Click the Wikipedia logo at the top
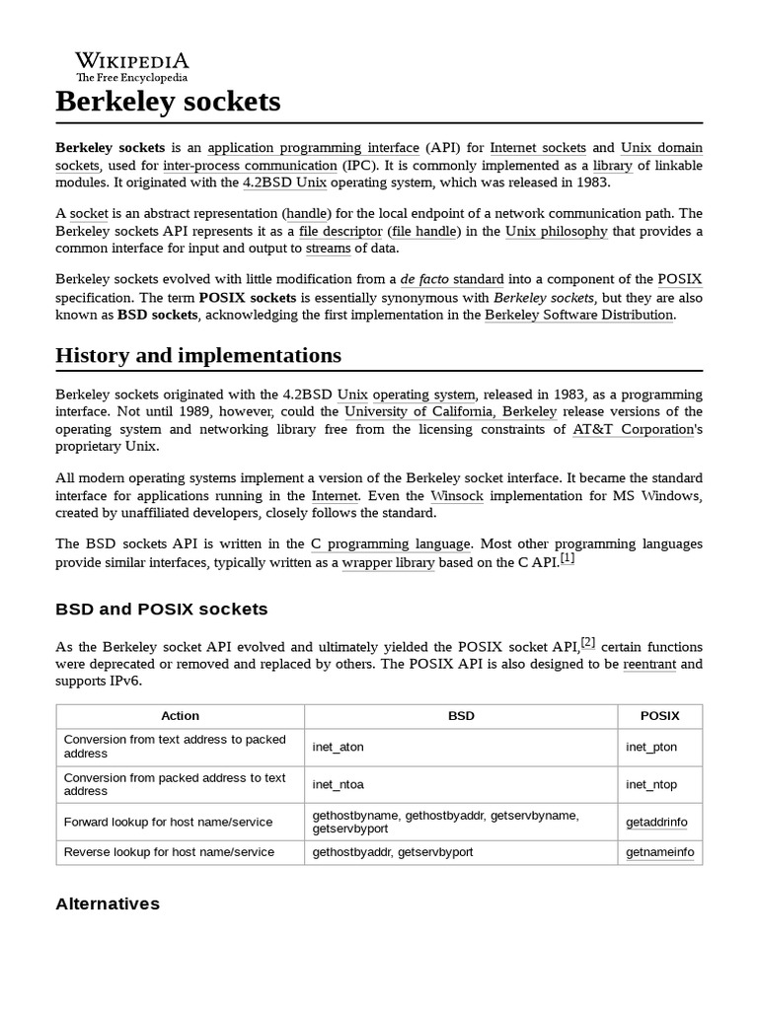(x=132, y=65)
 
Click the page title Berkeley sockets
(x=168, y=101)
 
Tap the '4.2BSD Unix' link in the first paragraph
(x=284, y=182)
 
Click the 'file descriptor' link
(x=341, y=231)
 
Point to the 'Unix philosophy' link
(x=557, y=231)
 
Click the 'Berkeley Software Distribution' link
(x=579, y=315)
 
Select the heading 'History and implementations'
(x=198, y=355)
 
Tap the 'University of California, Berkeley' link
(x=450, y=411)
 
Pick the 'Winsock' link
(x=457, y=495)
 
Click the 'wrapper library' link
(x=388, y=562)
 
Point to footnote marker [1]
(x=567, y=558)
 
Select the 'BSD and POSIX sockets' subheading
(x=161, y=609)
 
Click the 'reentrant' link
(x=649, y=664)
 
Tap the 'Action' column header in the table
(x=180, y=716)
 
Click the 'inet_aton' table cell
(x=338, y=747)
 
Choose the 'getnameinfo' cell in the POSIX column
(x=656, y=851)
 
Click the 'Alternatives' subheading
(x=108, y=903)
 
